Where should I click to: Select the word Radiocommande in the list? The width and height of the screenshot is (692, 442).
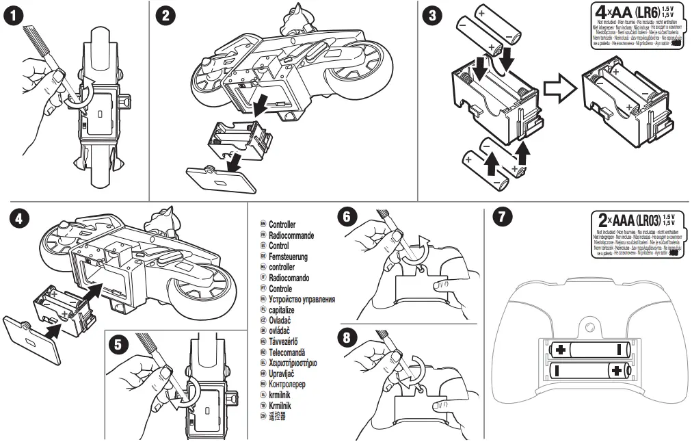(291, 235)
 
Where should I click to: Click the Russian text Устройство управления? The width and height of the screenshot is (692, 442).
(302, 300)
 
